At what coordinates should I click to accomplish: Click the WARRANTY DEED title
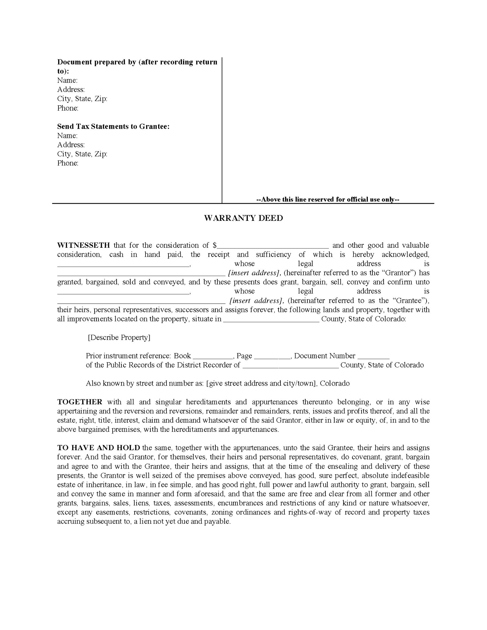243,218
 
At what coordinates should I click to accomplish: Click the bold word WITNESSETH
83,245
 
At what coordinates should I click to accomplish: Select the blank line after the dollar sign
273,246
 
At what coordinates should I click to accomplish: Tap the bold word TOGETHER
80,402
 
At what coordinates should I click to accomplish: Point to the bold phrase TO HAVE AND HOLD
99,448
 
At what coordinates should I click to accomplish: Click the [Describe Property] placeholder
119,338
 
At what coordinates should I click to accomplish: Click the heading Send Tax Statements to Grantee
113,126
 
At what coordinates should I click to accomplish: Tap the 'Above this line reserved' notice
327,199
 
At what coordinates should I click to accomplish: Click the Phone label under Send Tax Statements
68,163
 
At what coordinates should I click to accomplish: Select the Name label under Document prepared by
67,80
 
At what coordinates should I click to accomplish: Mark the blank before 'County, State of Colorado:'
271,320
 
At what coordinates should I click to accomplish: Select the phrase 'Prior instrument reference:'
128,356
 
